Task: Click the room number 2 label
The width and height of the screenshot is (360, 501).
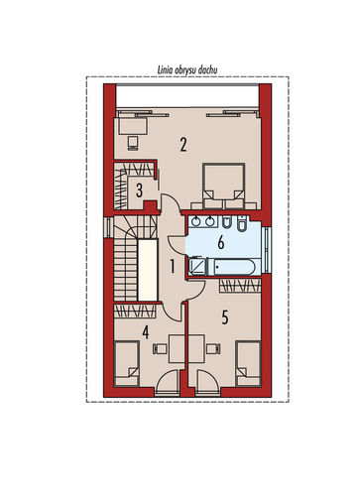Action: pyautogui.click(x=183, y=145)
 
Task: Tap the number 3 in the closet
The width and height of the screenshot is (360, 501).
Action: pyautogui.click(x=139, y=190)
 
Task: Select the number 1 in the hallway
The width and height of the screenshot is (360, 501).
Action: pyautogui.click(x=173, y=267)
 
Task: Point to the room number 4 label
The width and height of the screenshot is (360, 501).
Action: pyautogui.click(x=146, y=332)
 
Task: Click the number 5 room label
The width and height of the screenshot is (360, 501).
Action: pyautogui.click(x=225, y=317)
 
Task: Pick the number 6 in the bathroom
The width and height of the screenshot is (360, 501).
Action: pyautogui.click(x=221, y=242)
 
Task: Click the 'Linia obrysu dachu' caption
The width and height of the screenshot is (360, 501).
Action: pyautogui.click(x=187, y=70)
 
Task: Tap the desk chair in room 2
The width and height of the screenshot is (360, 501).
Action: pyautogui.click(x=133, y=143)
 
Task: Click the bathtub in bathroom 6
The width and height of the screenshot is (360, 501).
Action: pyautogui.click(x=234, y=267)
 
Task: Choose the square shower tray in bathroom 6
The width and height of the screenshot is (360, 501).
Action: pyautogui.click(x=197, y=267)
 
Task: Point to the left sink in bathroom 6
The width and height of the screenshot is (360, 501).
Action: pyautogui.click(x=196, y=221)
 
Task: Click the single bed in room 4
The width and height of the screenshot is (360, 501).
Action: pyautogui.click(x=126, y=364)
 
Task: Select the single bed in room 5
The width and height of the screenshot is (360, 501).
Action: pyautogui.click(x=248, y=364)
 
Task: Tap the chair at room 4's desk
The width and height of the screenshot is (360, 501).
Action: pyautogui.click(x=160, y=349)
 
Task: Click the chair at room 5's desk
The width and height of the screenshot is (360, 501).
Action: pyautogui.click(x=213, y=349)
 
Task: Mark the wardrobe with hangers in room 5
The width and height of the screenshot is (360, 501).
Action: pyautogui.click(x=240, y=286)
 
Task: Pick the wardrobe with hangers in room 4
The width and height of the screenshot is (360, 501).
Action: pyautogui.click(x=135, y=312)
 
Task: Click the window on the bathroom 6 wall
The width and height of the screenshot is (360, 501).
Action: pyautogui.click(x=267, y=250)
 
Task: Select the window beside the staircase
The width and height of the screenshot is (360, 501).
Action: pyautogui.click(x=107, y=227)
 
